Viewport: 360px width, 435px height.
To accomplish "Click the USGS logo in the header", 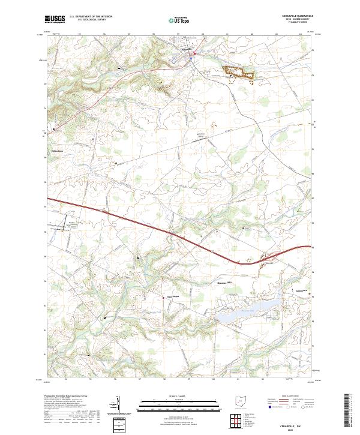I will point(55,19).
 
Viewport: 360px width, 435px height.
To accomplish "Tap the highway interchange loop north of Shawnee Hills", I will point(264,259).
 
